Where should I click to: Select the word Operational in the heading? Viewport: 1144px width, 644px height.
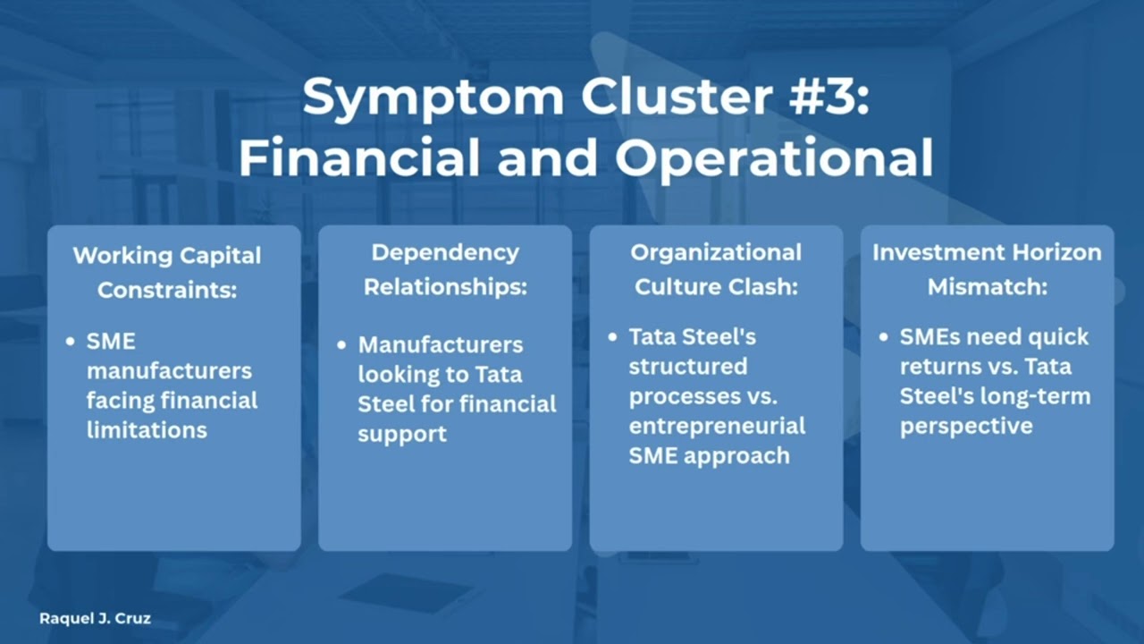coord(775,158)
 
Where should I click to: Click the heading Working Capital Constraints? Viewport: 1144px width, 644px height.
coord(167,272)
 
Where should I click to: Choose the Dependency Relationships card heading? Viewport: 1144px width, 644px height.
coord(445,269)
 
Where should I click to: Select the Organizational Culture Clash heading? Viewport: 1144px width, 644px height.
coord(715,269)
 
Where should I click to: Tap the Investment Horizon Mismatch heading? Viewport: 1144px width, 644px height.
coord(987,269)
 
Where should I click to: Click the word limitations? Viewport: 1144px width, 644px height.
coord(147,429)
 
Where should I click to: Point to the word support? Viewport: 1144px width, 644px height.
coord(402,434)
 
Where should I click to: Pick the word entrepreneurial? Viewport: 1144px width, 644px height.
coord(717,426)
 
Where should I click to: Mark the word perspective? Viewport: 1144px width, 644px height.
coord(966,426)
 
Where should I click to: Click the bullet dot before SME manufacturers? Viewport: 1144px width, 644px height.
coord(71,342)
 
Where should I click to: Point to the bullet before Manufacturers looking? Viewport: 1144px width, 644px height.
coord(342,345)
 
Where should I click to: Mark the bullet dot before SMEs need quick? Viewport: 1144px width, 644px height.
coord(884,338)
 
